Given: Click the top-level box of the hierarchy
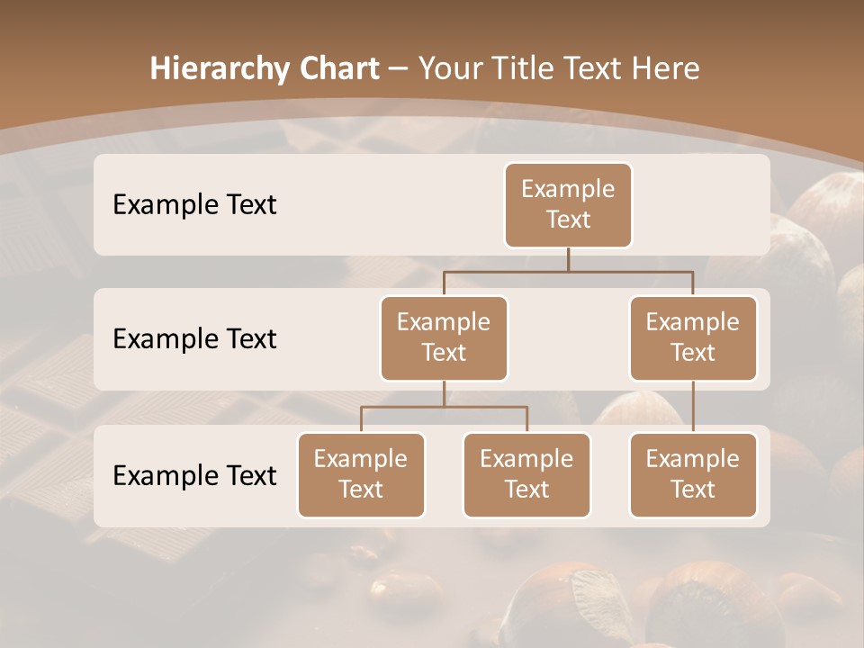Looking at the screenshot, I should click(568, 205).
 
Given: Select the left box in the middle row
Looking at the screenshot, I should click(444, 338).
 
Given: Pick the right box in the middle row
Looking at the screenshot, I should click(693, 338).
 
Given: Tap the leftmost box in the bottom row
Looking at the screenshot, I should click(361, 475).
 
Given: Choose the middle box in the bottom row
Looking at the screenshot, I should click(526, 475).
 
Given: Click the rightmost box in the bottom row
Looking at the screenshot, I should click(693, 475).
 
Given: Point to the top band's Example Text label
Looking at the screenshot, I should click(194, 205).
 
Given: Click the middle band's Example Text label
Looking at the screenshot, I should click(194, 339).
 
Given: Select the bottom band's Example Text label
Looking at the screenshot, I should click(194, 476).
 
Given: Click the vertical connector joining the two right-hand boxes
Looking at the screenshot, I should click(693, 407).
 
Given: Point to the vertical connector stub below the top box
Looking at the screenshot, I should click(568, 259).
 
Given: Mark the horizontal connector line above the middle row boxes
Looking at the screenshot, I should click(568, 271).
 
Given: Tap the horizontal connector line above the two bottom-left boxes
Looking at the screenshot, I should click(444, 407).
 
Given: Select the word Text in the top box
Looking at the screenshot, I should click(568, 220).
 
